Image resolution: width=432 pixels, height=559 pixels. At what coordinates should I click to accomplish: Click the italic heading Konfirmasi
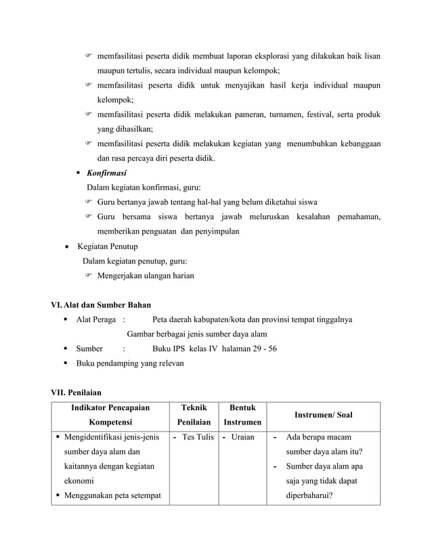(x=102, y=173)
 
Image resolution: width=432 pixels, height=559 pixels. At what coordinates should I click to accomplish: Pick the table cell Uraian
(x=242, y=437)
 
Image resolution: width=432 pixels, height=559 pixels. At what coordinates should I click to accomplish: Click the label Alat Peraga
(x=96, y=319)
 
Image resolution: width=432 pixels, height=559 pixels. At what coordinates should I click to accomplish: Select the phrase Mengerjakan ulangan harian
(x=146, y=275)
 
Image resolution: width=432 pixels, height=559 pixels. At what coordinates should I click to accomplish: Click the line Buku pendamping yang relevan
(x=129, y=363)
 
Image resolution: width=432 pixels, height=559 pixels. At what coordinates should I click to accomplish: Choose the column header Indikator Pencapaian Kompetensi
(x=109, y=415)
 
